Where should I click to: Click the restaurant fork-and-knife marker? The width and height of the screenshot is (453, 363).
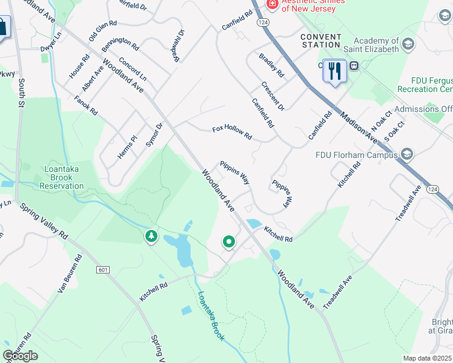click(x=334, y=71)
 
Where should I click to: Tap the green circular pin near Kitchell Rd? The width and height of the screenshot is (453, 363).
click(x=229, y=242)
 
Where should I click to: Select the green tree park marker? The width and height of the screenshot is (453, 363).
click(x=151, y=236)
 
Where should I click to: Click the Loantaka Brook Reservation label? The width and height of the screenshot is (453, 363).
click(x=62, y=178)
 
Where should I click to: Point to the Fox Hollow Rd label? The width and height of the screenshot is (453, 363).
click(x=232, y=132)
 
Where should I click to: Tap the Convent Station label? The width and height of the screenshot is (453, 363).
click(x=320, y=41)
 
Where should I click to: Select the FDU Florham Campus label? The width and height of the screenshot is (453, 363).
click(x=359, y=154)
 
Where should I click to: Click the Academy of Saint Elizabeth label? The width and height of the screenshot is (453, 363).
click(x=368, y=45)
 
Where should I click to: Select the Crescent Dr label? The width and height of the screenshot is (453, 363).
click(x=273, y=96)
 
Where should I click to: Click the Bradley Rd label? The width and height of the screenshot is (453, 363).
click(x=271, y=65)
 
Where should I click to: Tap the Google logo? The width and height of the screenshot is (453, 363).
click(x=20, y=356)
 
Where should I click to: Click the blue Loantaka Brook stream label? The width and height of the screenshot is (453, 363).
click(x=211, y=316)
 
